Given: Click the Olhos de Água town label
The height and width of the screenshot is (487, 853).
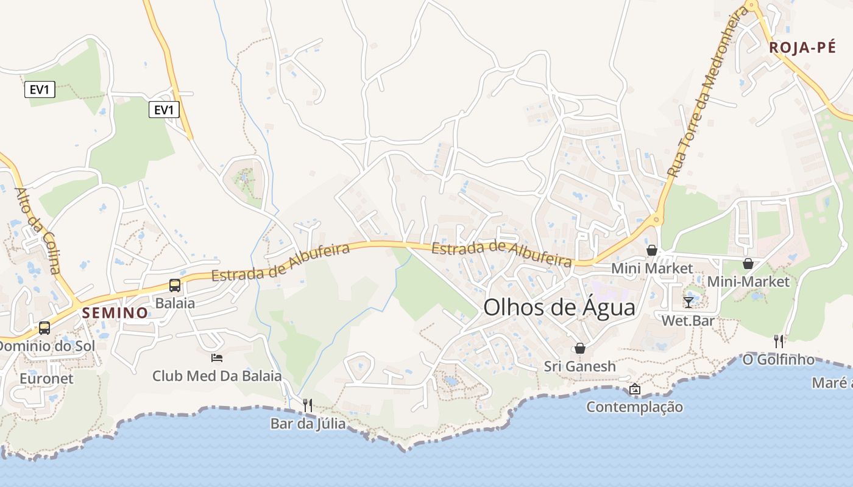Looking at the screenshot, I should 559,307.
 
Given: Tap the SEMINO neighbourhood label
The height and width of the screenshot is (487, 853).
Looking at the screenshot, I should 115,313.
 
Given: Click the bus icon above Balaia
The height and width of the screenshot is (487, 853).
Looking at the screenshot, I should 174,285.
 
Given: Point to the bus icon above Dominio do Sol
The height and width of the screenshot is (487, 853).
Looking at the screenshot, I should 44,328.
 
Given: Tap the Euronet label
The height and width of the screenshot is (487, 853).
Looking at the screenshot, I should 46,379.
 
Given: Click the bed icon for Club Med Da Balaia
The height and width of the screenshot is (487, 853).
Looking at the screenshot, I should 216,357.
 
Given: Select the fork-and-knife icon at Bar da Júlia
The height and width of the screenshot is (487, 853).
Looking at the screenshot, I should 308,405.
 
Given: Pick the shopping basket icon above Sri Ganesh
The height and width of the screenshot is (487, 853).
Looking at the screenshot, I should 579,348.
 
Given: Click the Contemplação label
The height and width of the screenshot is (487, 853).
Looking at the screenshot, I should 634,407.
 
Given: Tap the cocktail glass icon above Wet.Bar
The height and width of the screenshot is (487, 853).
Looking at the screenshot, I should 688,302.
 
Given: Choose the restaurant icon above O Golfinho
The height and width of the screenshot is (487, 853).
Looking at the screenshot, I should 778,341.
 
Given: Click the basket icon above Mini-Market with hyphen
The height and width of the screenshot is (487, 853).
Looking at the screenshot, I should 748,264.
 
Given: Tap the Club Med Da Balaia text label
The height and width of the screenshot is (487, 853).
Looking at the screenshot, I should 217,376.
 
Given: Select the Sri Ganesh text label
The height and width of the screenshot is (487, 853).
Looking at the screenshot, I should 579,366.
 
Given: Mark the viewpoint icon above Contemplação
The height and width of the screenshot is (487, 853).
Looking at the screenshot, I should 634,389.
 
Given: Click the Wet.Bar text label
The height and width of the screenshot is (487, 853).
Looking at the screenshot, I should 688,320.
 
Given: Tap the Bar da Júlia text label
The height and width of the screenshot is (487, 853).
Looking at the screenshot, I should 308,423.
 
